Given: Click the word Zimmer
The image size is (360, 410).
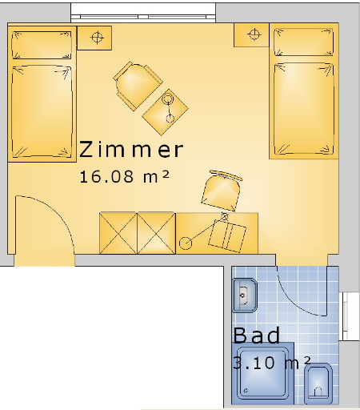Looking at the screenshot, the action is [131, 149].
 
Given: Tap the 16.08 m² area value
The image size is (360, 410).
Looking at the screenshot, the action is [125, 177].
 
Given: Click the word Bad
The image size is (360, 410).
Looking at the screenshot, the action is [257, 336].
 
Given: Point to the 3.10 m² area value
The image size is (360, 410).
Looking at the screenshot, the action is [272, 363].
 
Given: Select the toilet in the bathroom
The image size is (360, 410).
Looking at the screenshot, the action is [318, 384].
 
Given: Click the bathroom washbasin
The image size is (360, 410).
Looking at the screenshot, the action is [245, 295].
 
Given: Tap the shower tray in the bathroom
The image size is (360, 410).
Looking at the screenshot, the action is [262, 373].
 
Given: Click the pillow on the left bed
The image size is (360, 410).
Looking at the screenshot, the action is [42, 45].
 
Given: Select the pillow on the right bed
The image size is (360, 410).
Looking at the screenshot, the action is [303, 42].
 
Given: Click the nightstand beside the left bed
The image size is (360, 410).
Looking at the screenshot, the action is [94, 38].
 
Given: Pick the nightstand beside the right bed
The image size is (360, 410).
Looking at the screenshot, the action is [251, 35].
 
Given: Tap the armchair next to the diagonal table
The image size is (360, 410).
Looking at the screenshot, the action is [138, 86].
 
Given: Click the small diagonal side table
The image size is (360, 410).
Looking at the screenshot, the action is [166, 112].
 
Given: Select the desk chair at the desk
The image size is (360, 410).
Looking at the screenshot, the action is [222, 191].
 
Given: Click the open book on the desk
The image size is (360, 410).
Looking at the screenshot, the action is [227, 238].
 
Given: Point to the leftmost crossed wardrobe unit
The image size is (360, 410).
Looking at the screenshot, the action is [118, 233].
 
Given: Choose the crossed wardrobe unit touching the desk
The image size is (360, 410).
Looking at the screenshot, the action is [156, 233].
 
